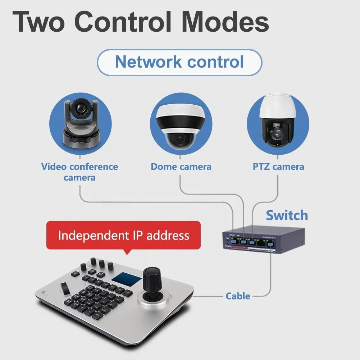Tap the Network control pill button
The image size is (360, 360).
(179, 62)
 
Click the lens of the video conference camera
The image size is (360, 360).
(79, 108)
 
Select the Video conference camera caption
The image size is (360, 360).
(79, 172)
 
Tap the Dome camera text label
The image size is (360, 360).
(181, 167)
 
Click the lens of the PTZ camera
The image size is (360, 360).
(278, 133)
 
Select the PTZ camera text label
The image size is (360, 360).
(278, 167)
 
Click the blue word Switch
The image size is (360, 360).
(287, 215)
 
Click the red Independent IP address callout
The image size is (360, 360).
(123, 236)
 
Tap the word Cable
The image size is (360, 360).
(238, 296)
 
